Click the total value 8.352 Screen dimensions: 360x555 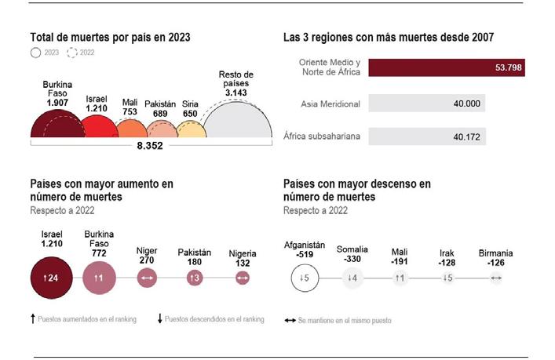150,145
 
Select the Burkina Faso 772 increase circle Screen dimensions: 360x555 99,278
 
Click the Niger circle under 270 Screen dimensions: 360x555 147,278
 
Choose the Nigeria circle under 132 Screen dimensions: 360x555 243,278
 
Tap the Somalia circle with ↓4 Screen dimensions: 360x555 352,278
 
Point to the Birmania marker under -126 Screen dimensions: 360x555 495,278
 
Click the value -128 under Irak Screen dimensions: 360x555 447,263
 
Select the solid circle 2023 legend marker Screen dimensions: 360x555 35,53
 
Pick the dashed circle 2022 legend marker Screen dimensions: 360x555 72,53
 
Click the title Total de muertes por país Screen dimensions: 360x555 110,37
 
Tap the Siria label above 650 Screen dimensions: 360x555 190,104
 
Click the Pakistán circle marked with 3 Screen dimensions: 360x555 195,278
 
